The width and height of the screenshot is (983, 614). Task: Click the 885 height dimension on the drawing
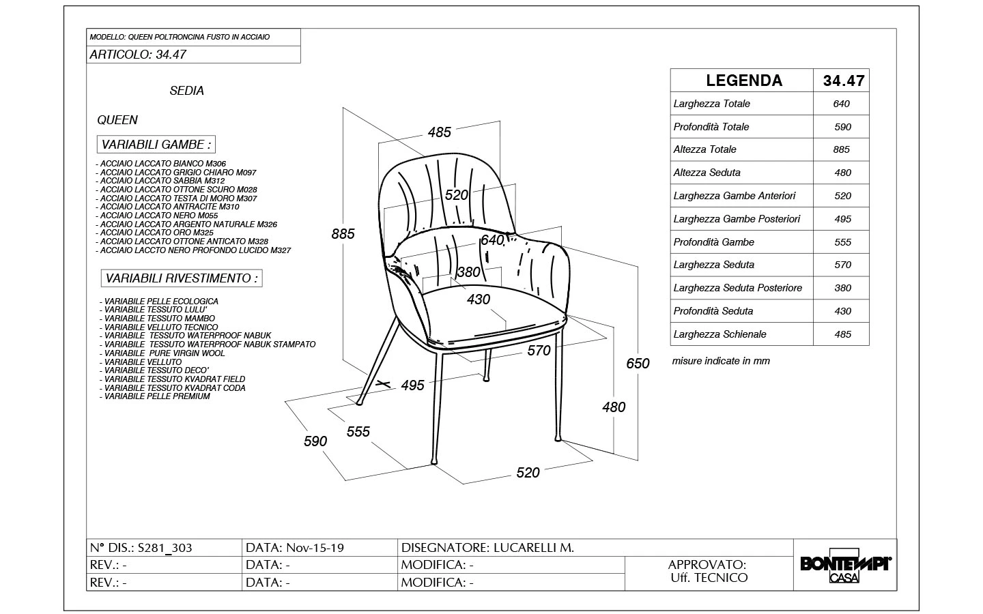click(343, 234)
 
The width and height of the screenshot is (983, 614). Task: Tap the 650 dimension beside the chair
click(638, 364)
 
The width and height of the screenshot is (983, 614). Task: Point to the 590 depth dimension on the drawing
click(315, 441)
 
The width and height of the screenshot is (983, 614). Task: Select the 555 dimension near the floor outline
click(358, 431)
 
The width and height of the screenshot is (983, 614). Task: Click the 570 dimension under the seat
click(539, 351)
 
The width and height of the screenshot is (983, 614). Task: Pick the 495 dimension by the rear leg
click(412, 385)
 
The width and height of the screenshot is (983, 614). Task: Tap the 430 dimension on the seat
click(479, 299)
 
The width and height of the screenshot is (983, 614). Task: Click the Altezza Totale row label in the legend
click(705, 149)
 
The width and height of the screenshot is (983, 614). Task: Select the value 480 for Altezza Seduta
click(842, 173)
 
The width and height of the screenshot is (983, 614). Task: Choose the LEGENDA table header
click(743, 81)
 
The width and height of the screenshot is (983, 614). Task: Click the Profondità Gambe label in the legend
click(714, 242)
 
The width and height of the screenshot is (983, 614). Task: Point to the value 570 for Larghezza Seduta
click(842, 265)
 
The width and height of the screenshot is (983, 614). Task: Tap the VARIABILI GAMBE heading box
click(156, 145)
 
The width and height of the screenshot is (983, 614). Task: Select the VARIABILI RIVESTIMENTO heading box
click(181, 278)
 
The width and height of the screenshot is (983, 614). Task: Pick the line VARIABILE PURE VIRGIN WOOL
click(165, 353)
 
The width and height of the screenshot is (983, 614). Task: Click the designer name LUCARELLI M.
click(531, 548)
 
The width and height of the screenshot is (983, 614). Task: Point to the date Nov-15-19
click(315, 548)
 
